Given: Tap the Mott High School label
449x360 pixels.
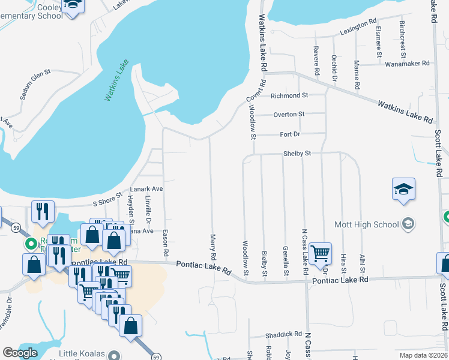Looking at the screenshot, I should [x=372, y=224].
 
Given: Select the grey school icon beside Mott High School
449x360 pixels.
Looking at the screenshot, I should [x=408, y=224].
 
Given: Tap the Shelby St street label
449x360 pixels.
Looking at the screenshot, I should [x=297, y=154].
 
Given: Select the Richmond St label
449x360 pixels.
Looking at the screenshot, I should [x=289, y=95].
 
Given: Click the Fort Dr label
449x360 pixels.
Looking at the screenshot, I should [x=289, y=134].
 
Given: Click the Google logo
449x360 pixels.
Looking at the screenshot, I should [x=20, y=353].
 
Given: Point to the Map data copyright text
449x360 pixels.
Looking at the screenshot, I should [x=424, y=355].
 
